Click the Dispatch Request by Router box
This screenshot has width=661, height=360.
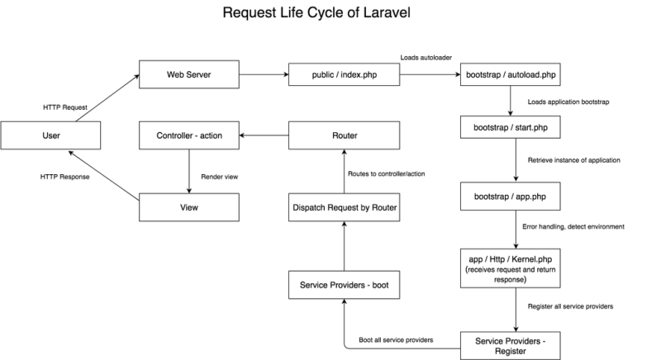[x=343, y=209]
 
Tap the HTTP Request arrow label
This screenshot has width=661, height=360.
[x=65, y=107]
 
